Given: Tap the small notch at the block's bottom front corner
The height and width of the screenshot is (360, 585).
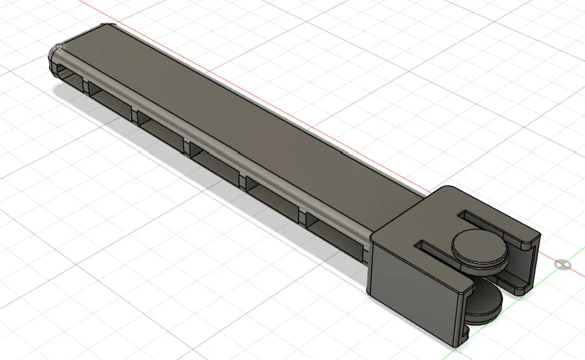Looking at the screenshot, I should tap(463, 337).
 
